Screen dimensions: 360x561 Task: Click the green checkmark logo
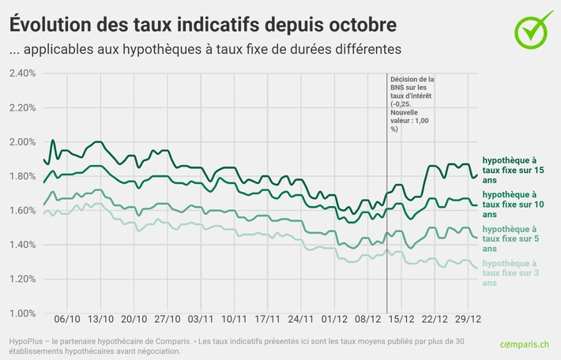[x=533, y=28]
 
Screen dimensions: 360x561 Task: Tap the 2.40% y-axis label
[x=22, y=73]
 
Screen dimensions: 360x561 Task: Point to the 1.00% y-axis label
[x=22, y=313]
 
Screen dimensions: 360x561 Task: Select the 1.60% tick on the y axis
[x=22, y=211]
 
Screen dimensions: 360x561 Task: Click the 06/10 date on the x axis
[x=67, y=322]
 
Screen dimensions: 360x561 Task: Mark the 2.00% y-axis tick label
[x=22, y=142]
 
